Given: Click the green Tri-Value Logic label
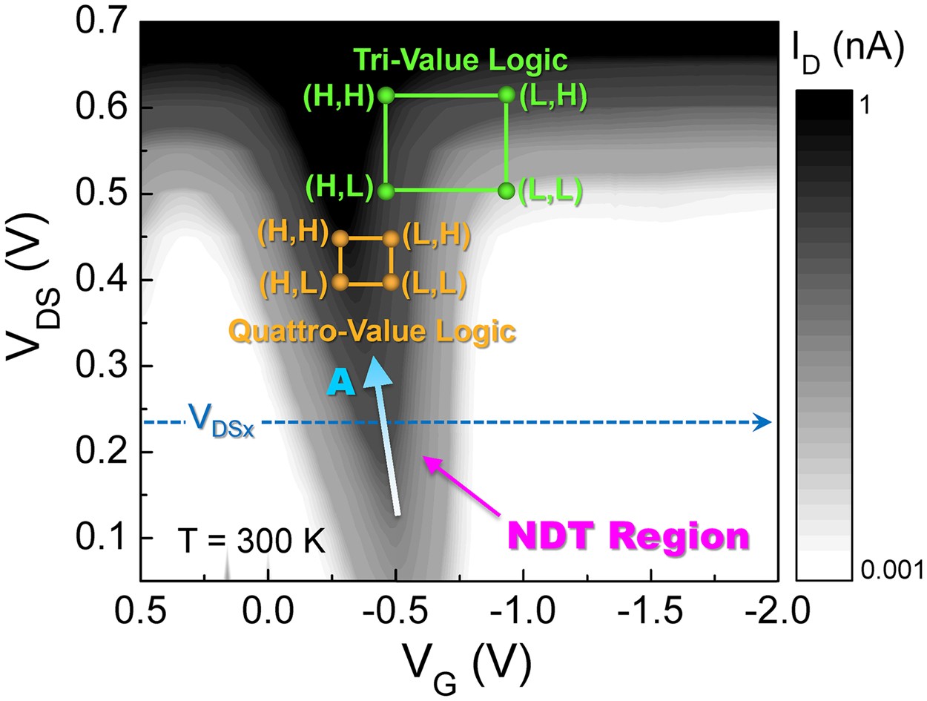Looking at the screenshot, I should click(x=460, y=60).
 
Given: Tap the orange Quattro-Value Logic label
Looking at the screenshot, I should click(x=372, y=332).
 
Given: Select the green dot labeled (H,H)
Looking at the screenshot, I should click(x=385, y=95).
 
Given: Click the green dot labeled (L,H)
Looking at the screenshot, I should click(x=507, y=95).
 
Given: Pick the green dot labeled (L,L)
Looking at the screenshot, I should click(x=507, y=191).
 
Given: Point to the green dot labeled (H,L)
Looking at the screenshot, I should click(x=385, y=191).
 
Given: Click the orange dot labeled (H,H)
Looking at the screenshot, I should click(x=340, y=238).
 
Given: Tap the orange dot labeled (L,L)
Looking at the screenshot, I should click(x=392, y=283).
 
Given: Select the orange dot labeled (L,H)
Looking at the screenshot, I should click(x=392, y=238).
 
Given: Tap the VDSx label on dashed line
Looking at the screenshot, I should click(x=222, y=420).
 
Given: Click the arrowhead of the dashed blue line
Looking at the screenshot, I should click(x=764, y=422).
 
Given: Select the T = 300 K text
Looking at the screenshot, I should click(x=252, y=542).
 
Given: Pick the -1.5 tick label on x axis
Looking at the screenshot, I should click(x=650, y=613).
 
